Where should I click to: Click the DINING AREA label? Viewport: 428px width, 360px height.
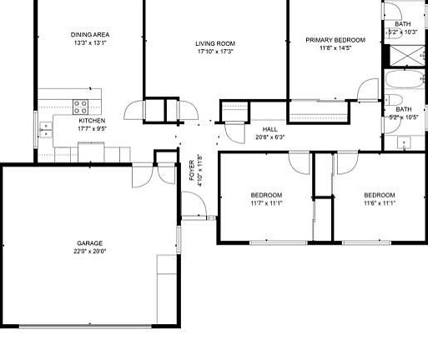click(x=91, y=34)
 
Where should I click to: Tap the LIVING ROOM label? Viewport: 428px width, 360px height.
click(x=214, y=43)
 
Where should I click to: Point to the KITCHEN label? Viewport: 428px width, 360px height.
click(x=92, y=120)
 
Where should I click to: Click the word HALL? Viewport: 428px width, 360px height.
click(x=269, y=129)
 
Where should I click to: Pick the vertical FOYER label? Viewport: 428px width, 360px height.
click(x=191, y=170)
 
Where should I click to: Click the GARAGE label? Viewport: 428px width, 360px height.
click(x=91, y=242)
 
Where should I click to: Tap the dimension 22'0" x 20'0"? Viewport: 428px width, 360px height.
click(x=91, y=251)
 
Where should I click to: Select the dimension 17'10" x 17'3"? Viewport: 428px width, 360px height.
click(x=214, y=52)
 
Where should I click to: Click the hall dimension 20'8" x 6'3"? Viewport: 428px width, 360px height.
click(x=269, y=137)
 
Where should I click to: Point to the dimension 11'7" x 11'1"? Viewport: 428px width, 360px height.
click(x=266, y=202)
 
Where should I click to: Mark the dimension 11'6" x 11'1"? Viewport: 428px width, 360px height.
click(x=379, y=202)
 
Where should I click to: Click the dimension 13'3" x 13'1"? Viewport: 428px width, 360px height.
click(x=91, y=42)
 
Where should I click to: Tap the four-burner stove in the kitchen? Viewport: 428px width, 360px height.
click(x=82, y=106)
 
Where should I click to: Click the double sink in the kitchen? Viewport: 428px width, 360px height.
click(x=46, y=129)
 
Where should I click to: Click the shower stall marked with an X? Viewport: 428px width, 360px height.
click(x=405, y=56)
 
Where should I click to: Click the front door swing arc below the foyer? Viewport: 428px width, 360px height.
click(x=193, y=204)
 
